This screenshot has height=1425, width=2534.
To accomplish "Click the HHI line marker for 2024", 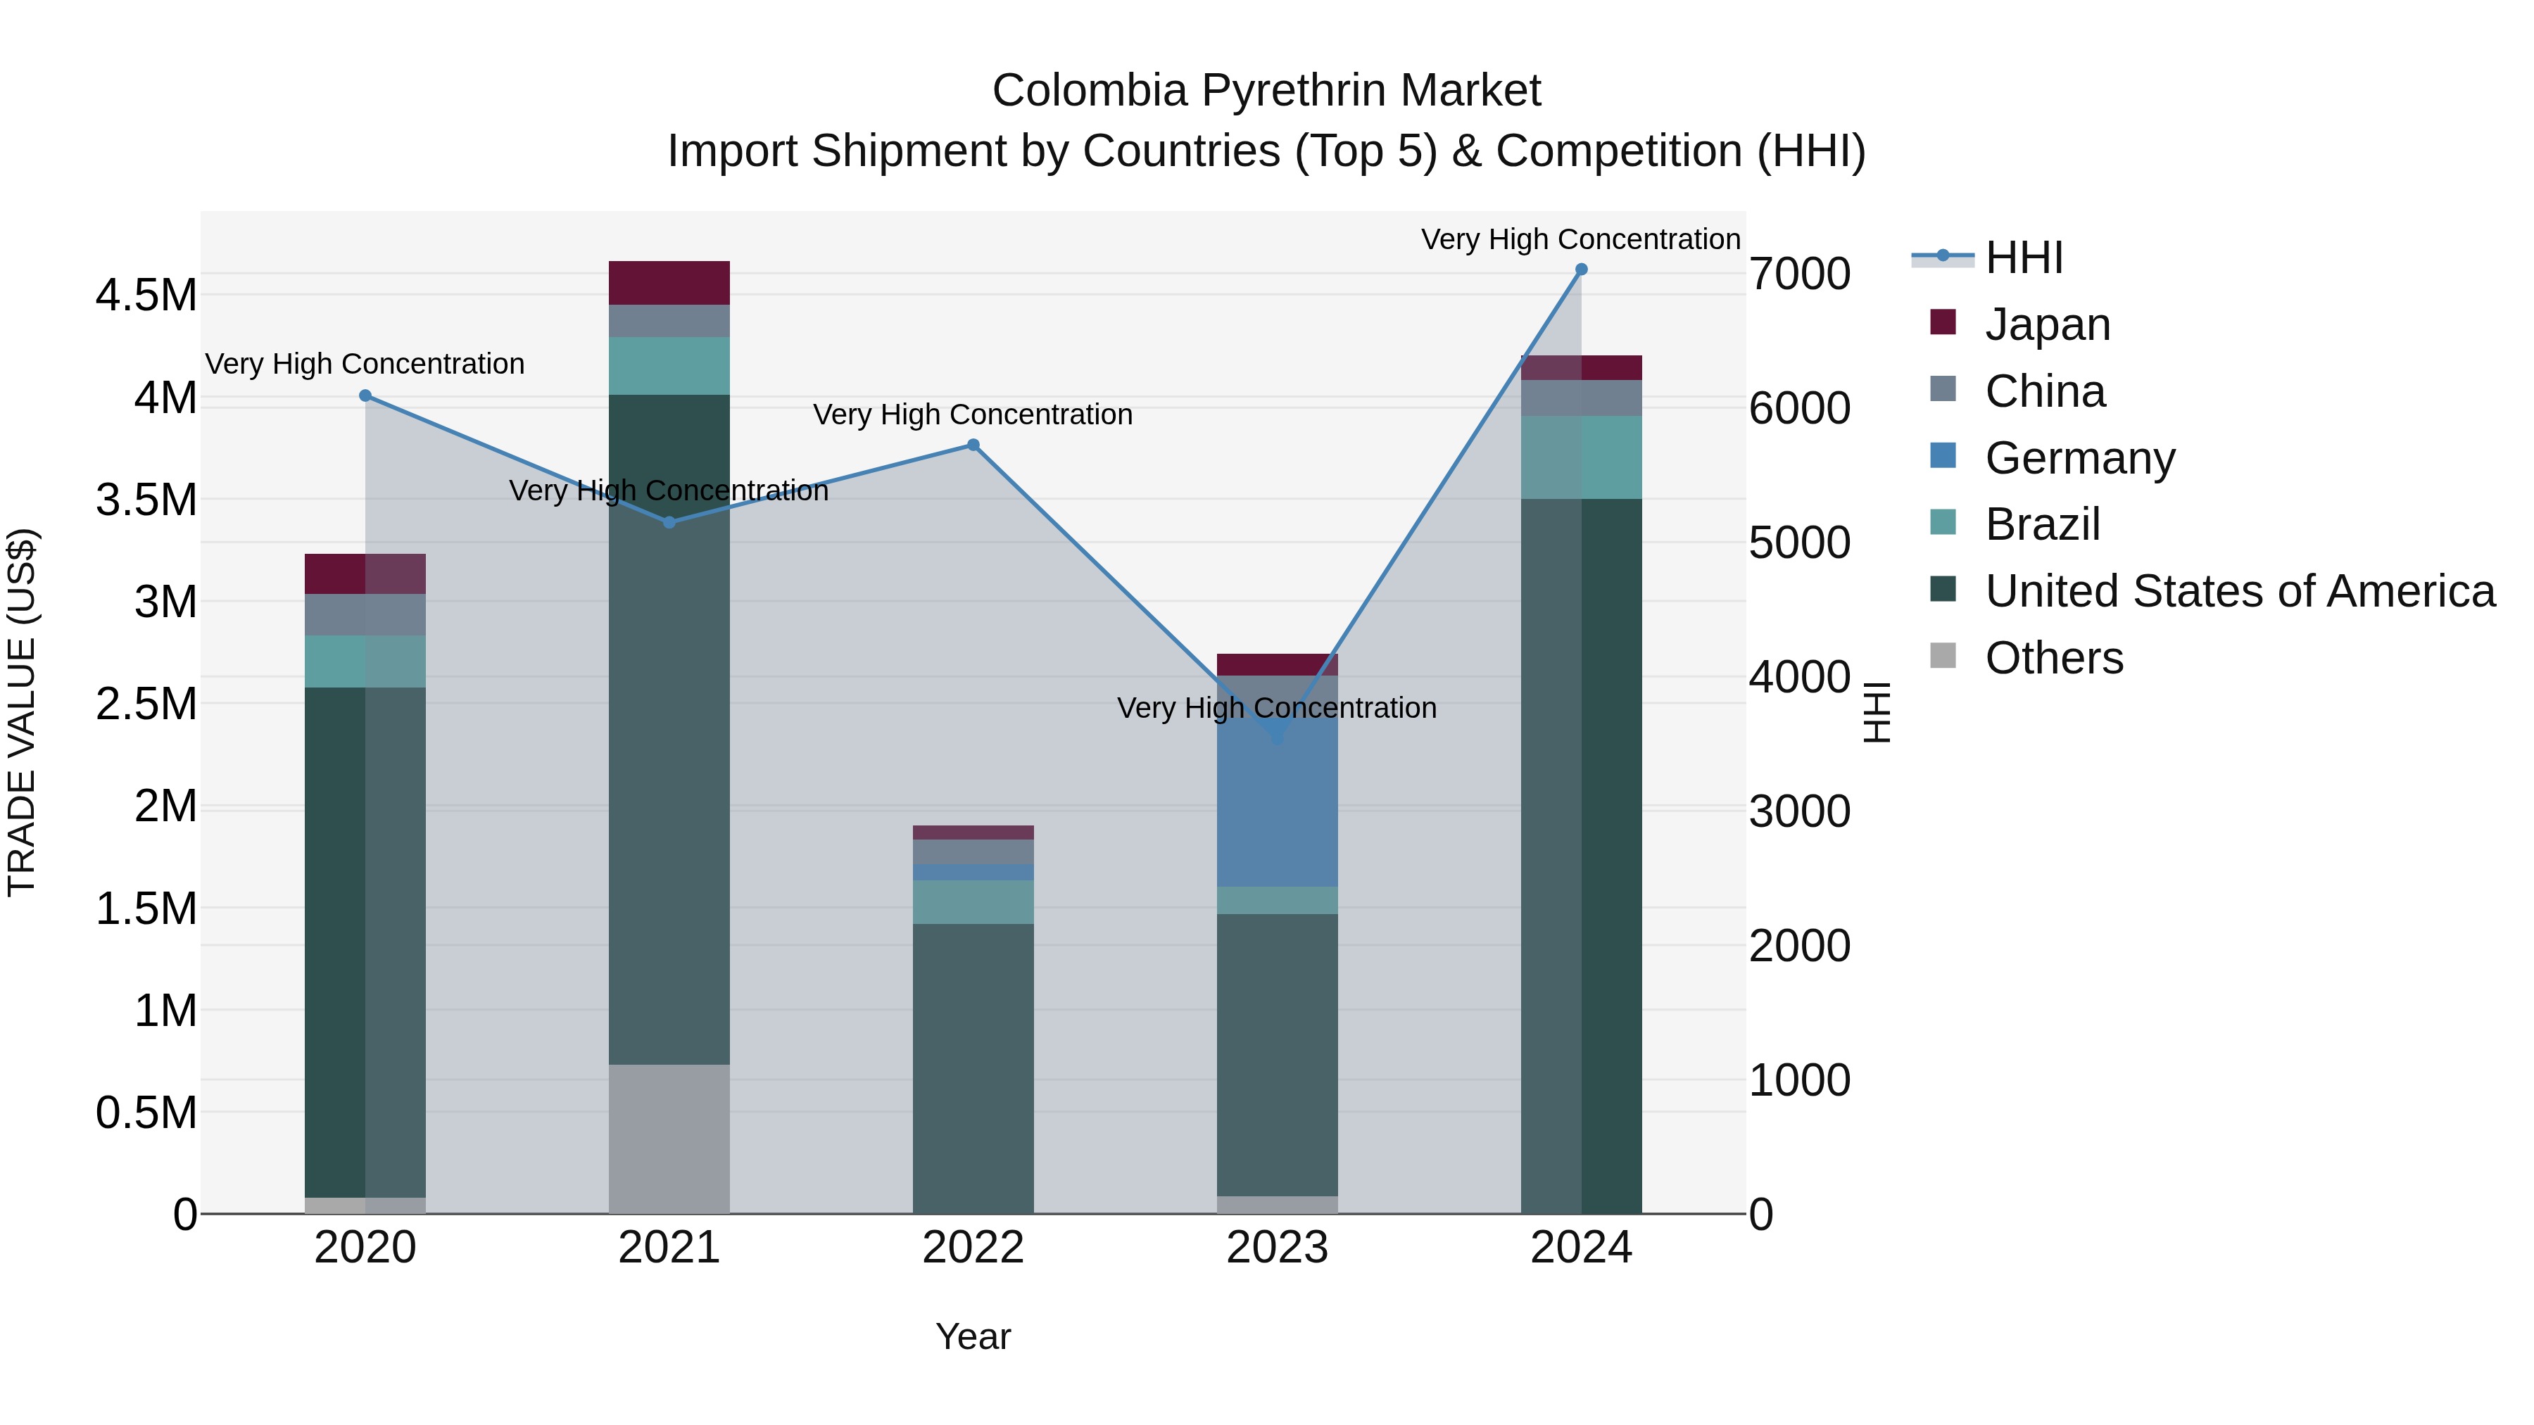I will pyautogui.click(x=1581, y=270).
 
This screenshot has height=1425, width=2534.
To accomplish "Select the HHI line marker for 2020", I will pyautogui.click(x=365, y=395).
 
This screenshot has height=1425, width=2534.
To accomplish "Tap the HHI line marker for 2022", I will pyautogui.click(x=973, y=445).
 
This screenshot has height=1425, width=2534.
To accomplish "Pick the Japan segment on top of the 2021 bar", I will pyautogui.click(x=669, y=283).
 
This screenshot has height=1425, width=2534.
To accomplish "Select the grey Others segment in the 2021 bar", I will pyautogui.click(x=669, y=1138).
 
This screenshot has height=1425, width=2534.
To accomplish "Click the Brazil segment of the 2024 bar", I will pyautogui.click(x=1581, y=457).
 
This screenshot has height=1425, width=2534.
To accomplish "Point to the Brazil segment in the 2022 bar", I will pyautogui.click(x=973, y=902).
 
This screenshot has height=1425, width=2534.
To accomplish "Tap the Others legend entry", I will pyautogui.click(x=2053, y=658).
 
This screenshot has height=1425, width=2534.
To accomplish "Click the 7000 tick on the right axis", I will pyautogui.click(x=1799, y=274).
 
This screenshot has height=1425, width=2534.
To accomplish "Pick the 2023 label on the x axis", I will pyautogui.click(x=1277, y=1248).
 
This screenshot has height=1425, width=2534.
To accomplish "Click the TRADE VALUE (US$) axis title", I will pyautogui.click(x=22, y=712).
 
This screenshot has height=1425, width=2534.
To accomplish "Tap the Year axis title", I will pyautogui.click(x=973, y=1336).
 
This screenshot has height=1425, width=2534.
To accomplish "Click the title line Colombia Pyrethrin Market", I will pyautogui.click(x=1266, y=91).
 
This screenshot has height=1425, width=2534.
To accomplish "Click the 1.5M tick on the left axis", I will pyautogui.click(x=146, y=908).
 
